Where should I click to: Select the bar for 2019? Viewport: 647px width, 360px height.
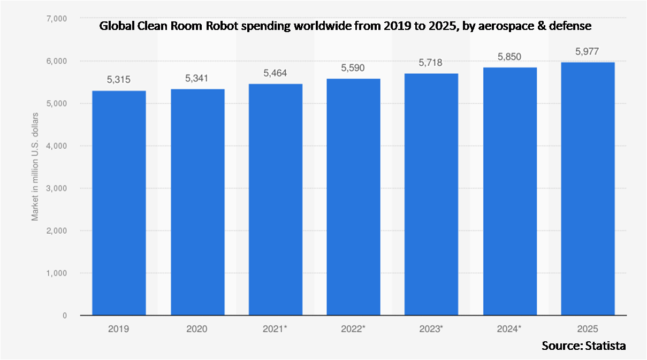coord(119,203)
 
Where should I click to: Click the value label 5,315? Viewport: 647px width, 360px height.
coord(119,80)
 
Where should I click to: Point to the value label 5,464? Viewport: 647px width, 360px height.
coord(275,73)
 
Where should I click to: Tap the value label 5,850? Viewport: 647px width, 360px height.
coord(509,57)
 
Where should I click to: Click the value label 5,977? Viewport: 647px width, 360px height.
coord(588,51)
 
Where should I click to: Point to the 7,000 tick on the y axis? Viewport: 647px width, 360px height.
coord(56,19)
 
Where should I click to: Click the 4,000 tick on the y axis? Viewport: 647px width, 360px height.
coord(56,146)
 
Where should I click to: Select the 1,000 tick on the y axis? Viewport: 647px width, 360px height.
coord(56,273)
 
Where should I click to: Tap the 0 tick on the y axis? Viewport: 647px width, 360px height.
coord(64,316)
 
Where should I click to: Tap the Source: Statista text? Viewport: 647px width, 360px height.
coord(583,346)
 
